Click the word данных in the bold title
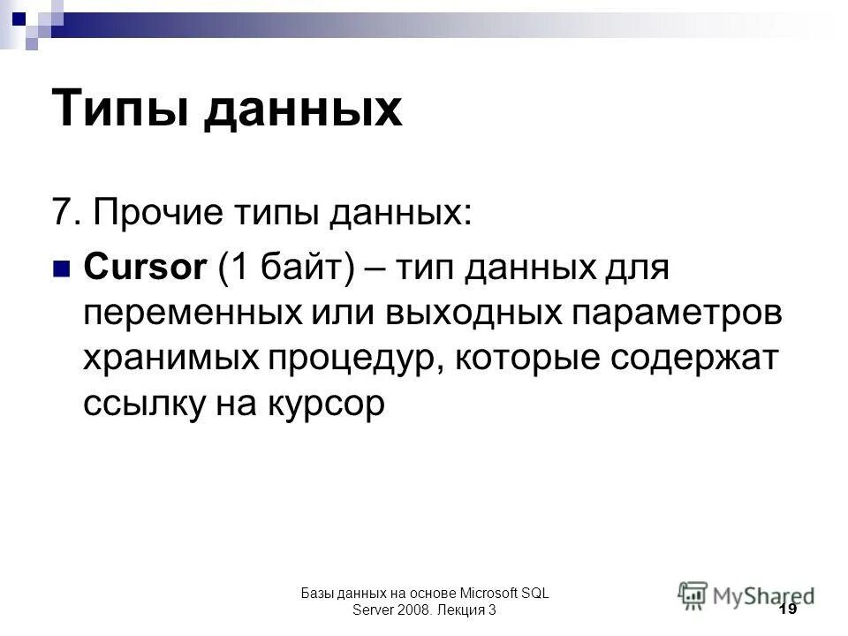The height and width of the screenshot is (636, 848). [x=304, y=110]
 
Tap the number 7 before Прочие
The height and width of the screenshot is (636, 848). [x=62, y=212]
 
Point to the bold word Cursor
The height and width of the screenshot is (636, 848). [x=143, y=266]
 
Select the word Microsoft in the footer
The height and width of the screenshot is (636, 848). [x=481, y=594]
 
